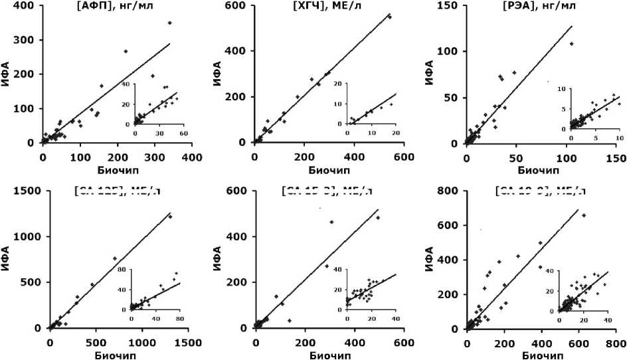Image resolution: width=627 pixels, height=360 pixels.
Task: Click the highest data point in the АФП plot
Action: [169, 23]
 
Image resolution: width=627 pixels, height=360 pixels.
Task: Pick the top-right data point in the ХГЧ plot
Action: [390, 17]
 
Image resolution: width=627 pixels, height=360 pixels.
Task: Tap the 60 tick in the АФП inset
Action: [183, 134]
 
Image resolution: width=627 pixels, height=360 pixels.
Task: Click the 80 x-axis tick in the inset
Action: [179, 319]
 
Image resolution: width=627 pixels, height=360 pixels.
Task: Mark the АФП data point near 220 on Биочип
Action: [126, 51]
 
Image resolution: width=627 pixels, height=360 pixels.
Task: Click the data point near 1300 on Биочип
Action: [170, 217]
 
